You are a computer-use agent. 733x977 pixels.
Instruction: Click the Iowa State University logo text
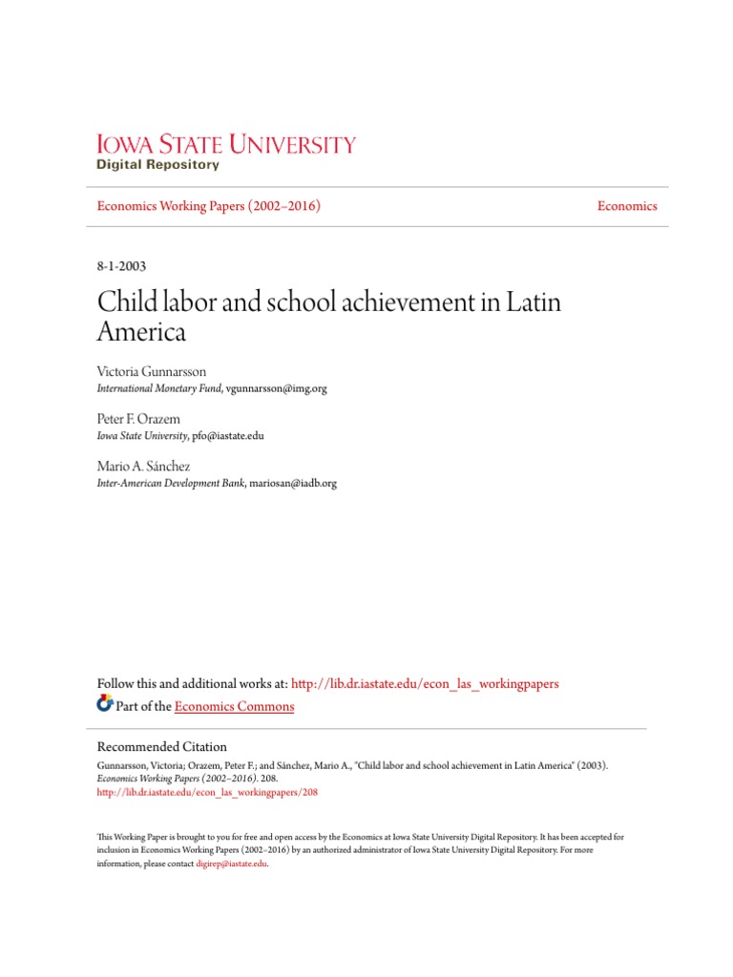[x=226, y=144]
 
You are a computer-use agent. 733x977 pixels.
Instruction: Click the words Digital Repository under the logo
[x=158, y=165]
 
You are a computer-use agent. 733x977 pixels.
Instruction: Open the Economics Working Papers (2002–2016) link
[x=209, y=206]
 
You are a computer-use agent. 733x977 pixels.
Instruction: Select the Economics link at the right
[x=627, y=206]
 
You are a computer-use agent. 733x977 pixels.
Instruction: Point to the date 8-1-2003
[x=122, y=267]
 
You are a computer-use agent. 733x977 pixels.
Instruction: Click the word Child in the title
[x=127, y=303]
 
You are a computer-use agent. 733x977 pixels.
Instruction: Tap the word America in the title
[x=142, y=332]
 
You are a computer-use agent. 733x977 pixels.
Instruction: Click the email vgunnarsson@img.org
[x=276, y=389]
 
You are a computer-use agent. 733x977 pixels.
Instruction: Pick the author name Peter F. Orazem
[x=138, y=420]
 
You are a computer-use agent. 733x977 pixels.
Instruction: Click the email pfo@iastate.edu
[x=227, y=435]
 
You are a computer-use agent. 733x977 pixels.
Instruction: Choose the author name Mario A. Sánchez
[x=143, y=467]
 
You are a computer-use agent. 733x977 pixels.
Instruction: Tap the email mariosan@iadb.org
[x=293, y=483]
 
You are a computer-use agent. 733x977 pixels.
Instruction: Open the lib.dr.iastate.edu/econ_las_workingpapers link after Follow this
[x=425, y=684]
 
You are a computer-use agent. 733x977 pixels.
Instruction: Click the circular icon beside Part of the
[x=105, y=704]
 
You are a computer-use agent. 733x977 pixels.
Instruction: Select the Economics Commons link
[x=235, y=706]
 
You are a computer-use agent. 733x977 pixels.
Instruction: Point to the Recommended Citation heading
[x=162, y=746]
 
